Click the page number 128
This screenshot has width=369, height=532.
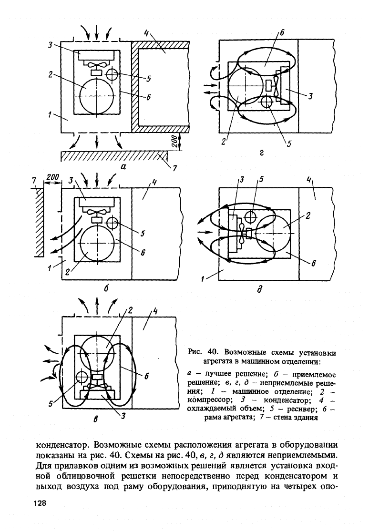(x=40, y=503)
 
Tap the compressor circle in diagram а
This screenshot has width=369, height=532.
(x=97, y=96)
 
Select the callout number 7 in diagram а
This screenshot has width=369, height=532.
(x=175, y=167)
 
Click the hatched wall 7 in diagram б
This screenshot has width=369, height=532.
(x=40, y=222)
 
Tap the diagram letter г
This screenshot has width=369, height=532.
(x=261, y=153)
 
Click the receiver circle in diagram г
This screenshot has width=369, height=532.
(x=267, y=101)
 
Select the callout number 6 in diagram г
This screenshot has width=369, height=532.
(x=282, y=33)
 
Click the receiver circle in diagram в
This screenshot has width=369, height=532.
(x=82, y=377)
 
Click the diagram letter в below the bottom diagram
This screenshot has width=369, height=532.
(x=96, y=419)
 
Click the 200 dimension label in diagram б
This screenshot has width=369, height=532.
(x=52, y=177)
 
